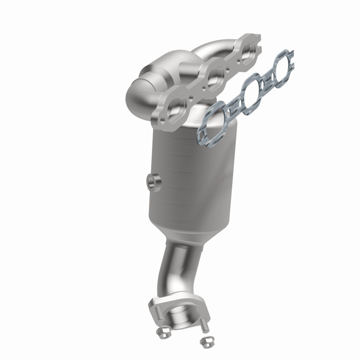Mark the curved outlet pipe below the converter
[171, 274]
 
